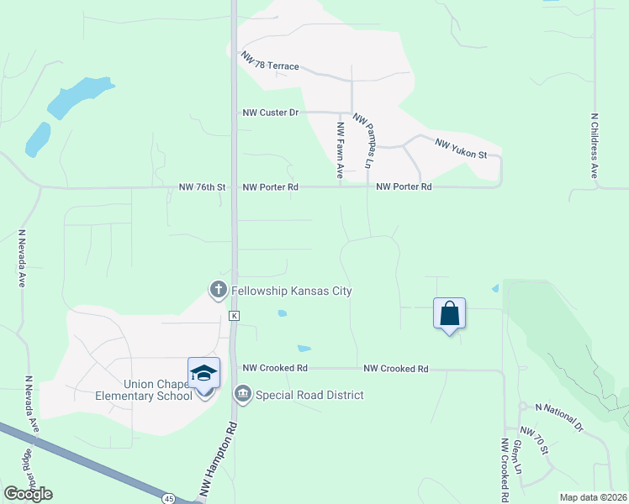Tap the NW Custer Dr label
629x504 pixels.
[271, 113]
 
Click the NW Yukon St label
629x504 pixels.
[461, 149]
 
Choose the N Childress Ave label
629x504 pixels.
[594, 146]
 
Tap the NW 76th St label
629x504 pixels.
[203, 187]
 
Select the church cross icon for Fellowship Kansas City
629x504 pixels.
[218, 291]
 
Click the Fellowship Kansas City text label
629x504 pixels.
[292, 291]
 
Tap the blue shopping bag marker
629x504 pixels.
[450, 313]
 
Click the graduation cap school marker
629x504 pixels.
[203, 372]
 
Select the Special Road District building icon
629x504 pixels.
[243, 394]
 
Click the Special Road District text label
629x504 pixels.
[309, 395]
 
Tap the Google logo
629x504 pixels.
[28, 493]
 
